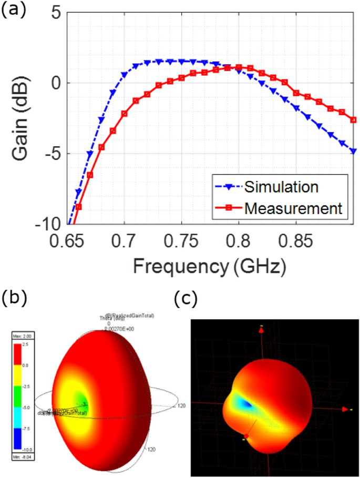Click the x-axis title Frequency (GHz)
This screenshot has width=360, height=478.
(x=209, y=266)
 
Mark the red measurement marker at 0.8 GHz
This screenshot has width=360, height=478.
(x=239, y=67)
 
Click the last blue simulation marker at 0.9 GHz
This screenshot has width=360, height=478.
(x=353, y=151)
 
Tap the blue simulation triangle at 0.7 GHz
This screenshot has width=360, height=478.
(x=125, y=75)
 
